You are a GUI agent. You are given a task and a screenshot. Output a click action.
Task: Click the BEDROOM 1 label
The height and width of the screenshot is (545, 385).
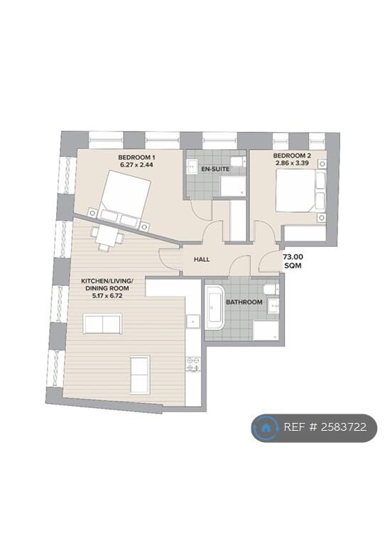coord(136,157)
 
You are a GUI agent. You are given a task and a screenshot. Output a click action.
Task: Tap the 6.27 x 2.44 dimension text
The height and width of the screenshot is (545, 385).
coord(136,165)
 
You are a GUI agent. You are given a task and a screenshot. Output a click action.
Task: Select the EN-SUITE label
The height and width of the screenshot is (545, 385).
coord(215,170)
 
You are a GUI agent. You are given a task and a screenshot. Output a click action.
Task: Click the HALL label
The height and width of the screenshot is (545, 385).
coord(202,259)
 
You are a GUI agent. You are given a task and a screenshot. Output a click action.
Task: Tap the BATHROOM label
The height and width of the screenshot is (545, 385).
coord(244,302)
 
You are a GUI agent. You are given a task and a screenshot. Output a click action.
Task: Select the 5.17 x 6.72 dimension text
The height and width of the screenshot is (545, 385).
coord(104,296)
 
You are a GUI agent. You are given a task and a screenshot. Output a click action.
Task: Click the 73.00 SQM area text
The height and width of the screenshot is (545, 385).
coord(293,261)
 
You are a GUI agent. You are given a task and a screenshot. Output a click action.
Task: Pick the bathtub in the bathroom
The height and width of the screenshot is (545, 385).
coord(215,307)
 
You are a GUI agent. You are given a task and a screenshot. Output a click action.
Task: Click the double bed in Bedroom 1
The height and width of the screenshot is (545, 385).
coord(123,200)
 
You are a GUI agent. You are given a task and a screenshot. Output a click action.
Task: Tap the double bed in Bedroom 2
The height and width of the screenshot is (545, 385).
coord(301,190)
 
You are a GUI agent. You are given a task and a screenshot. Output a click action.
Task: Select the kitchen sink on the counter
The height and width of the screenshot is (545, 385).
coord(192,321)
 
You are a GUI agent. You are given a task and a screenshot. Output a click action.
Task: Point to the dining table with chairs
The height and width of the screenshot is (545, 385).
coord(107,237)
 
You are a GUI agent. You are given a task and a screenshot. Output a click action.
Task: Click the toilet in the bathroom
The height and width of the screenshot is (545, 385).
coord(271,289)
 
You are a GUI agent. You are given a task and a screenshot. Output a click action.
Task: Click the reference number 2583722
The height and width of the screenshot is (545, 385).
coord(343,426)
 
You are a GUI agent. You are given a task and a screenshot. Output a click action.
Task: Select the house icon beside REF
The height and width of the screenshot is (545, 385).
coord(266,427)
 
